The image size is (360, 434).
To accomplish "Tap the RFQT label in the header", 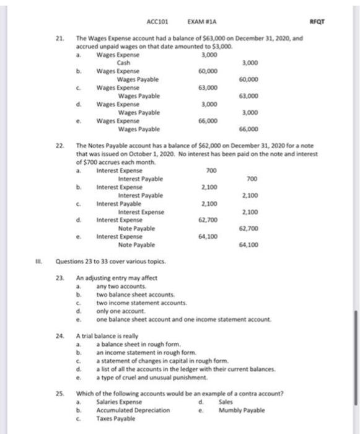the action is tap(318, 20).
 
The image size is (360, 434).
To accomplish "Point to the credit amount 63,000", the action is tap(249, 95).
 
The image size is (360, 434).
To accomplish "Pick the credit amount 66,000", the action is tap(249, 128).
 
